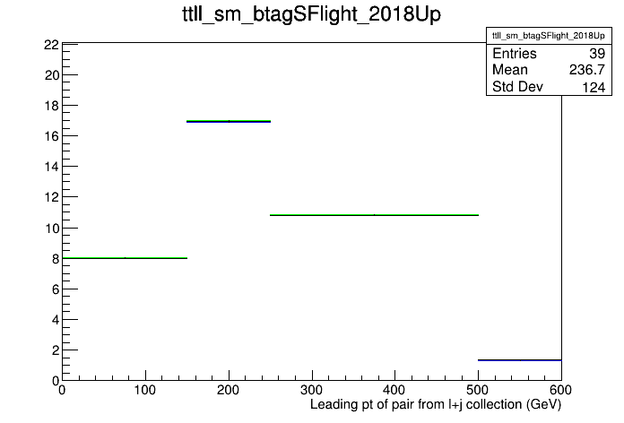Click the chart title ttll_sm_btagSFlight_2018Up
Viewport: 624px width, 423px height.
tap(312, 14)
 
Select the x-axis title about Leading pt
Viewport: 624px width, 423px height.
tap(436, 405)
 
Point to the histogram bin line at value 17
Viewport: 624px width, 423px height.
tap(229, 121)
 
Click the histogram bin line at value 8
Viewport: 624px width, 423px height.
tap(125, 258)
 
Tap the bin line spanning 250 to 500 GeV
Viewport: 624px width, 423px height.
tap(374, 215)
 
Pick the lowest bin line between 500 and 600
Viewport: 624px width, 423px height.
tap(520, 360)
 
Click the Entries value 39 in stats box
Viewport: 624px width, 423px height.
tap(597, 53)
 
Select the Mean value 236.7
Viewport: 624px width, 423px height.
tap(587, 70)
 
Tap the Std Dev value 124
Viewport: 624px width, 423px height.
tap(594, 87)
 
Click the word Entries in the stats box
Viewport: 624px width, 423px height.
tap(514, 53)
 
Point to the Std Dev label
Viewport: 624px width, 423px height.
tap(517, 86)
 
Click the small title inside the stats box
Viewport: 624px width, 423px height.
tap(549, 36)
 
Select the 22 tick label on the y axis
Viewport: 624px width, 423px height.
tap(51, 45)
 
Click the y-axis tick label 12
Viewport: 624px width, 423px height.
tap(51, 197)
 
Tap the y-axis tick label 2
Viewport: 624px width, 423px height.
tap(56, 350)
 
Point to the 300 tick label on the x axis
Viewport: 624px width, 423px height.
tap(312, 390)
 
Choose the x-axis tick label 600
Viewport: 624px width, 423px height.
tap(560, 390)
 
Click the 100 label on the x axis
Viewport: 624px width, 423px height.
tap(145, 390)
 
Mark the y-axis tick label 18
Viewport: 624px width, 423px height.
tap(51, 106)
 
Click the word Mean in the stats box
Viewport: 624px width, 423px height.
tap(510, 70)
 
